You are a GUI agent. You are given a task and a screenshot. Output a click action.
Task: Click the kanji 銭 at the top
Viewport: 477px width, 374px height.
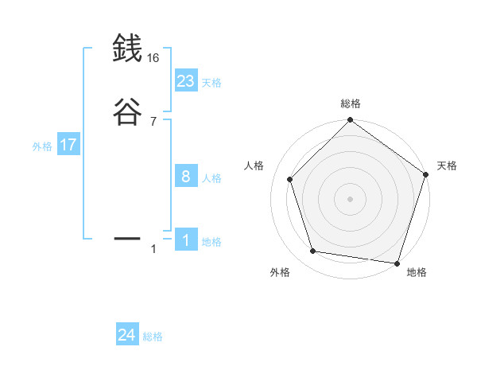[127, 49]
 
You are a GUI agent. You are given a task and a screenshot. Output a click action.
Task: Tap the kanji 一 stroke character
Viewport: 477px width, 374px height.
[127, 238]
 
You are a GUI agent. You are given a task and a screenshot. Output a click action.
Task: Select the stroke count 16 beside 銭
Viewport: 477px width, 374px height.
[153, 59]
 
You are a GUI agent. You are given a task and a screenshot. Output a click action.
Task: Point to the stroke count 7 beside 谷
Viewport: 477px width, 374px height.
[153, 121]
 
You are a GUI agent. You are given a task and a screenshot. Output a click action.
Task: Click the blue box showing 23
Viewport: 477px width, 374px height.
[186, 80]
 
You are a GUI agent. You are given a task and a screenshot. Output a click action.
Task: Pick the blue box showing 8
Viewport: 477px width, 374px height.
[186, 177]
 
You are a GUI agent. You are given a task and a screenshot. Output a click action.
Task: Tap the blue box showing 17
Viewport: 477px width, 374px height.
[68, 146]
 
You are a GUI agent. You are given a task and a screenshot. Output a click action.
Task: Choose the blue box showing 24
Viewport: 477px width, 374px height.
[127, 336]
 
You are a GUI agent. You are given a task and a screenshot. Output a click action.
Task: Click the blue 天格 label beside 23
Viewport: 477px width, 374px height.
[211, 82]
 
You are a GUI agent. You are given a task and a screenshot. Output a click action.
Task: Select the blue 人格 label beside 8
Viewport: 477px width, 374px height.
[211, 178]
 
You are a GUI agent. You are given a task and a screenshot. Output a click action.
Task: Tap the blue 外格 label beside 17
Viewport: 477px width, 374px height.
[42, 146]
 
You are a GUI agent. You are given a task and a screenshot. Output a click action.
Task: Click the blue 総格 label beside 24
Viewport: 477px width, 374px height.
[153, 337]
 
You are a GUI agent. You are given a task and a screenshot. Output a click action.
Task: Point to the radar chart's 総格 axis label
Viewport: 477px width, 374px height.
[350, 103]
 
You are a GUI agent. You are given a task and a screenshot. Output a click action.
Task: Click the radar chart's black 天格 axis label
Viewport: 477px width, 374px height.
[447, 166]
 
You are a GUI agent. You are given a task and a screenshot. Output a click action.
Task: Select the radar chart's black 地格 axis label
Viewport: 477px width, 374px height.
[417, 272]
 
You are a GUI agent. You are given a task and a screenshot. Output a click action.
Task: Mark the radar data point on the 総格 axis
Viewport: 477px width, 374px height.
[350, 121]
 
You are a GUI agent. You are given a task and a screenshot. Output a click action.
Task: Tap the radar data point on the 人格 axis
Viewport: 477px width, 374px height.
[290, 179]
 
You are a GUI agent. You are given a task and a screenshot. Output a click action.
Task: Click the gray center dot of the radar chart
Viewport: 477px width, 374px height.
[350, 198]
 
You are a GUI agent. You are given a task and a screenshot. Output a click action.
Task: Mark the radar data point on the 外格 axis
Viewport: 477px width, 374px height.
[313, 251]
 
